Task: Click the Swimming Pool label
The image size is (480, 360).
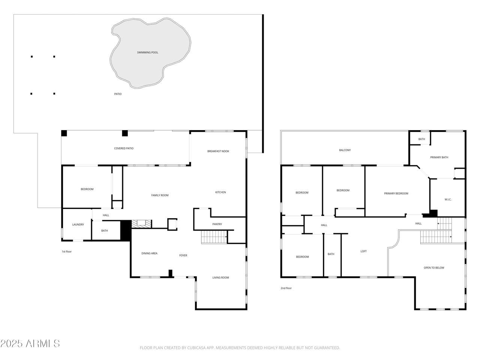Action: pyautogui.click(x=147, y=52)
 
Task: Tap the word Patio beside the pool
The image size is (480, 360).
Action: pyautogui.click(x=118, y=94)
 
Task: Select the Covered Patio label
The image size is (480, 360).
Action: pyautogui.click(x=124, y=148)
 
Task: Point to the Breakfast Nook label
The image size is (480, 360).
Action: pyautogui.click(x=218, y=151)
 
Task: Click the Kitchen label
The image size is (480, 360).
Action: pyautogui.click(x=220, y=192)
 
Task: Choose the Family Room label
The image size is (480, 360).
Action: pyautogui.click(x=160, y=195)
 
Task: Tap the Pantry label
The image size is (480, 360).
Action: pyautogui.click(x=217, y=224)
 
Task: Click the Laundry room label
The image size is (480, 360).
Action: pyautogui.click(x=78, y=225)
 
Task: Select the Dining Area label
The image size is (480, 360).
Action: pyautogui.click(x=149, y=253)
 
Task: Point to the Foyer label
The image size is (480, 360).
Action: pyautogui.click(x=183, y=255)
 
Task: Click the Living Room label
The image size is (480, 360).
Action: pyautogui.click(x=220, y=278)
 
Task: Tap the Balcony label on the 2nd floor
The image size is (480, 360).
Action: pyautogui.click(x=345, y=150)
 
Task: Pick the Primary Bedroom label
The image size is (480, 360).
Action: pyautogui.click(x=396, y=193)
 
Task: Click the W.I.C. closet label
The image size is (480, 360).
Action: pyautogui.click(x=448, y=199)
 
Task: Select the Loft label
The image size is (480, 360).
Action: pyautogui.click(x=363, y=251)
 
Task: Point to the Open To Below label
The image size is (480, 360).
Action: pyautogui.click(x=434, y=268)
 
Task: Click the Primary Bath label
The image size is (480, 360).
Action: pyautogui.click(x=439, y=157)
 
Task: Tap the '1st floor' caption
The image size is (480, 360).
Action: pyautogui.click(x=66, y=252)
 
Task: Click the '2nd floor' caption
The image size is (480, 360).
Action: pyautogui.click(x=286, y=288)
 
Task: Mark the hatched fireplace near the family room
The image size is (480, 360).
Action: pyautogui.click(x=141, y=224)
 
